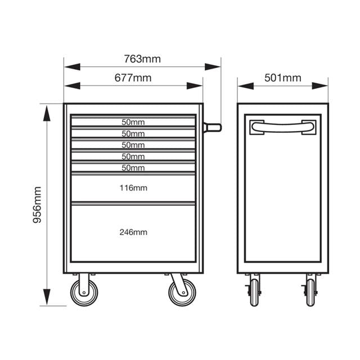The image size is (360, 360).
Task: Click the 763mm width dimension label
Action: [x=142, y=59]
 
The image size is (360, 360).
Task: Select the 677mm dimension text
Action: [x=133, y=78]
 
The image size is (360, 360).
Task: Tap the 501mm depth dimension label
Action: [x=282, y=78]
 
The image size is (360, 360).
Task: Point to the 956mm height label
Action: [x=37, y=205]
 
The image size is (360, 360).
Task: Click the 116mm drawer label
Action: [x=133, y=188]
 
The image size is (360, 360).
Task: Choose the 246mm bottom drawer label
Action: [x=133, y=232]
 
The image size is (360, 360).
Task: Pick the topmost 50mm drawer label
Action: [x=133, y=122]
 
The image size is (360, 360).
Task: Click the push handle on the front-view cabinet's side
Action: [x=213, y=128]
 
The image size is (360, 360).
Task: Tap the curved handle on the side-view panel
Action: [x=282, y=127]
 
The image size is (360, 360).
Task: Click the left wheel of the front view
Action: [x=84, y=292]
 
